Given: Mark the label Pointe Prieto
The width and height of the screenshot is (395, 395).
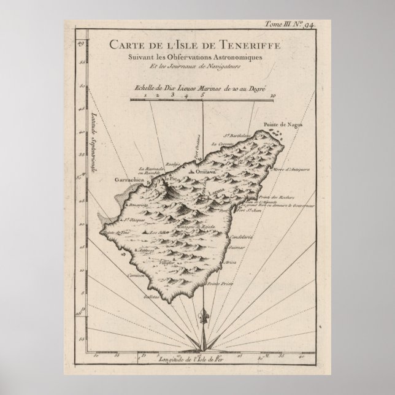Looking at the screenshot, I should pos(217,285).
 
